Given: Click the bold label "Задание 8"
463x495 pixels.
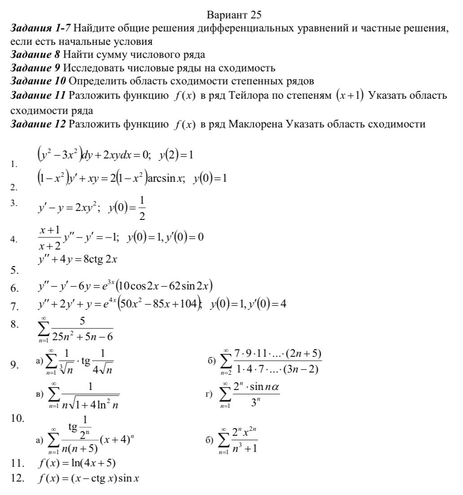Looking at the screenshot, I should click(x=36, y=55).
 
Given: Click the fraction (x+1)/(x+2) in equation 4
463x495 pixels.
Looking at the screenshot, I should click(x=50, y=237).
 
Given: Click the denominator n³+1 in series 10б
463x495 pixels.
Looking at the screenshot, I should click(x=244, y=448).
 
